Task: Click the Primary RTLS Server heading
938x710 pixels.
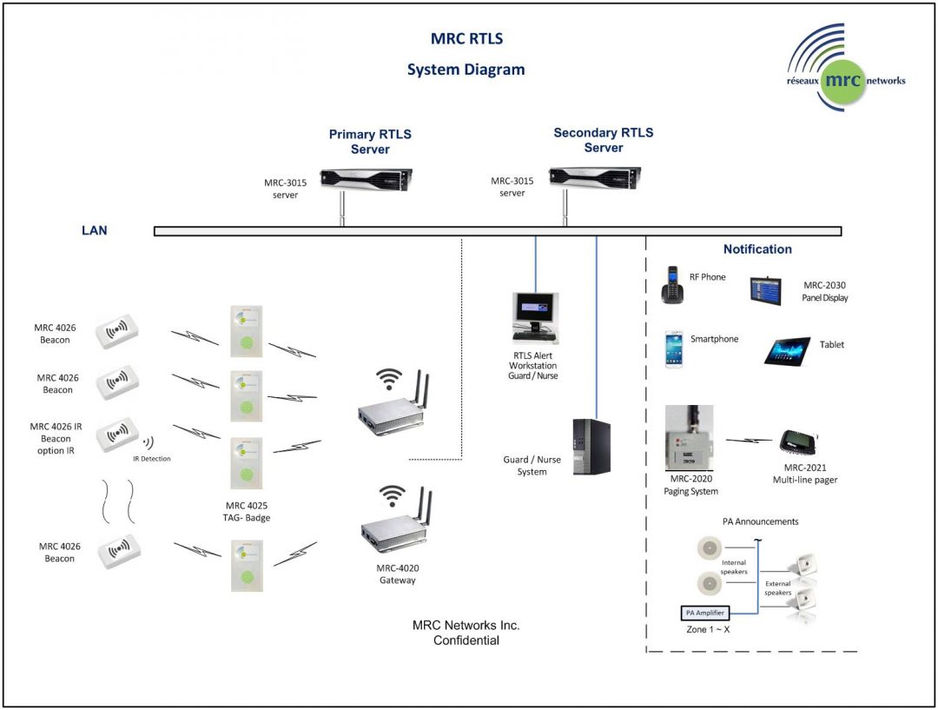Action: [370, 142]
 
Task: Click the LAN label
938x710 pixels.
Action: [94, 231]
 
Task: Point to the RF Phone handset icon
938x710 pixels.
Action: [672, 285]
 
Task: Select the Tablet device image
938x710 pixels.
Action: [788, 350]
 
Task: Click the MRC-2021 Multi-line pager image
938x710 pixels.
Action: [796, 443]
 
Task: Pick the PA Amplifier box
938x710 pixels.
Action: [703, 613]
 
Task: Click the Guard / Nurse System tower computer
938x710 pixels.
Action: [591, 447]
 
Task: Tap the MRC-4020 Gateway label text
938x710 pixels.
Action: [397, 574]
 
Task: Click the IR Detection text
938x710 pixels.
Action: [151, 458]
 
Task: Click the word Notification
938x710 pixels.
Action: [757, 249]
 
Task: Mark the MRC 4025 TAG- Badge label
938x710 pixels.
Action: [246, 511]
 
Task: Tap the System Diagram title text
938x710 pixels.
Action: [466, 70]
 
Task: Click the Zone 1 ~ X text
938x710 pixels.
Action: [707, 628]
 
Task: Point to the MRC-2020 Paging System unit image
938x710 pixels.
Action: [689, 438]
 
